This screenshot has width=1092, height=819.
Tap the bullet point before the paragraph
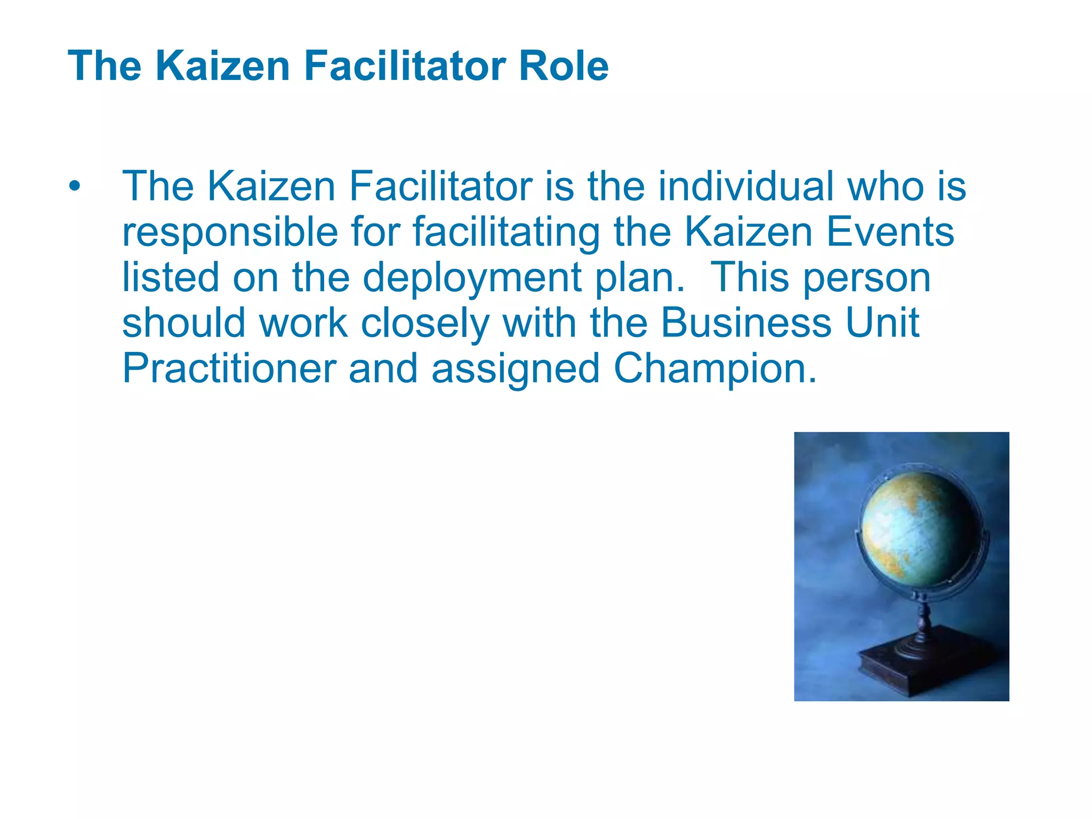[75, 187]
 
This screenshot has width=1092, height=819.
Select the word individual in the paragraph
[746, 186]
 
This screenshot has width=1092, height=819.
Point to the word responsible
[230, 232]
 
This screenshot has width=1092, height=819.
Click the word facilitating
[507, 232]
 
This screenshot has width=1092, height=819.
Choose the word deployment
[472, 278]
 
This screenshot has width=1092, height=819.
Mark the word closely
[425, 323]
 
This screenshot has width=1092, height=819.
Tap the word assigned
[516, 369]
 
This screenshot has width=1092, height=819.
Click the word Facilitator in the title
[405, 66]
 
